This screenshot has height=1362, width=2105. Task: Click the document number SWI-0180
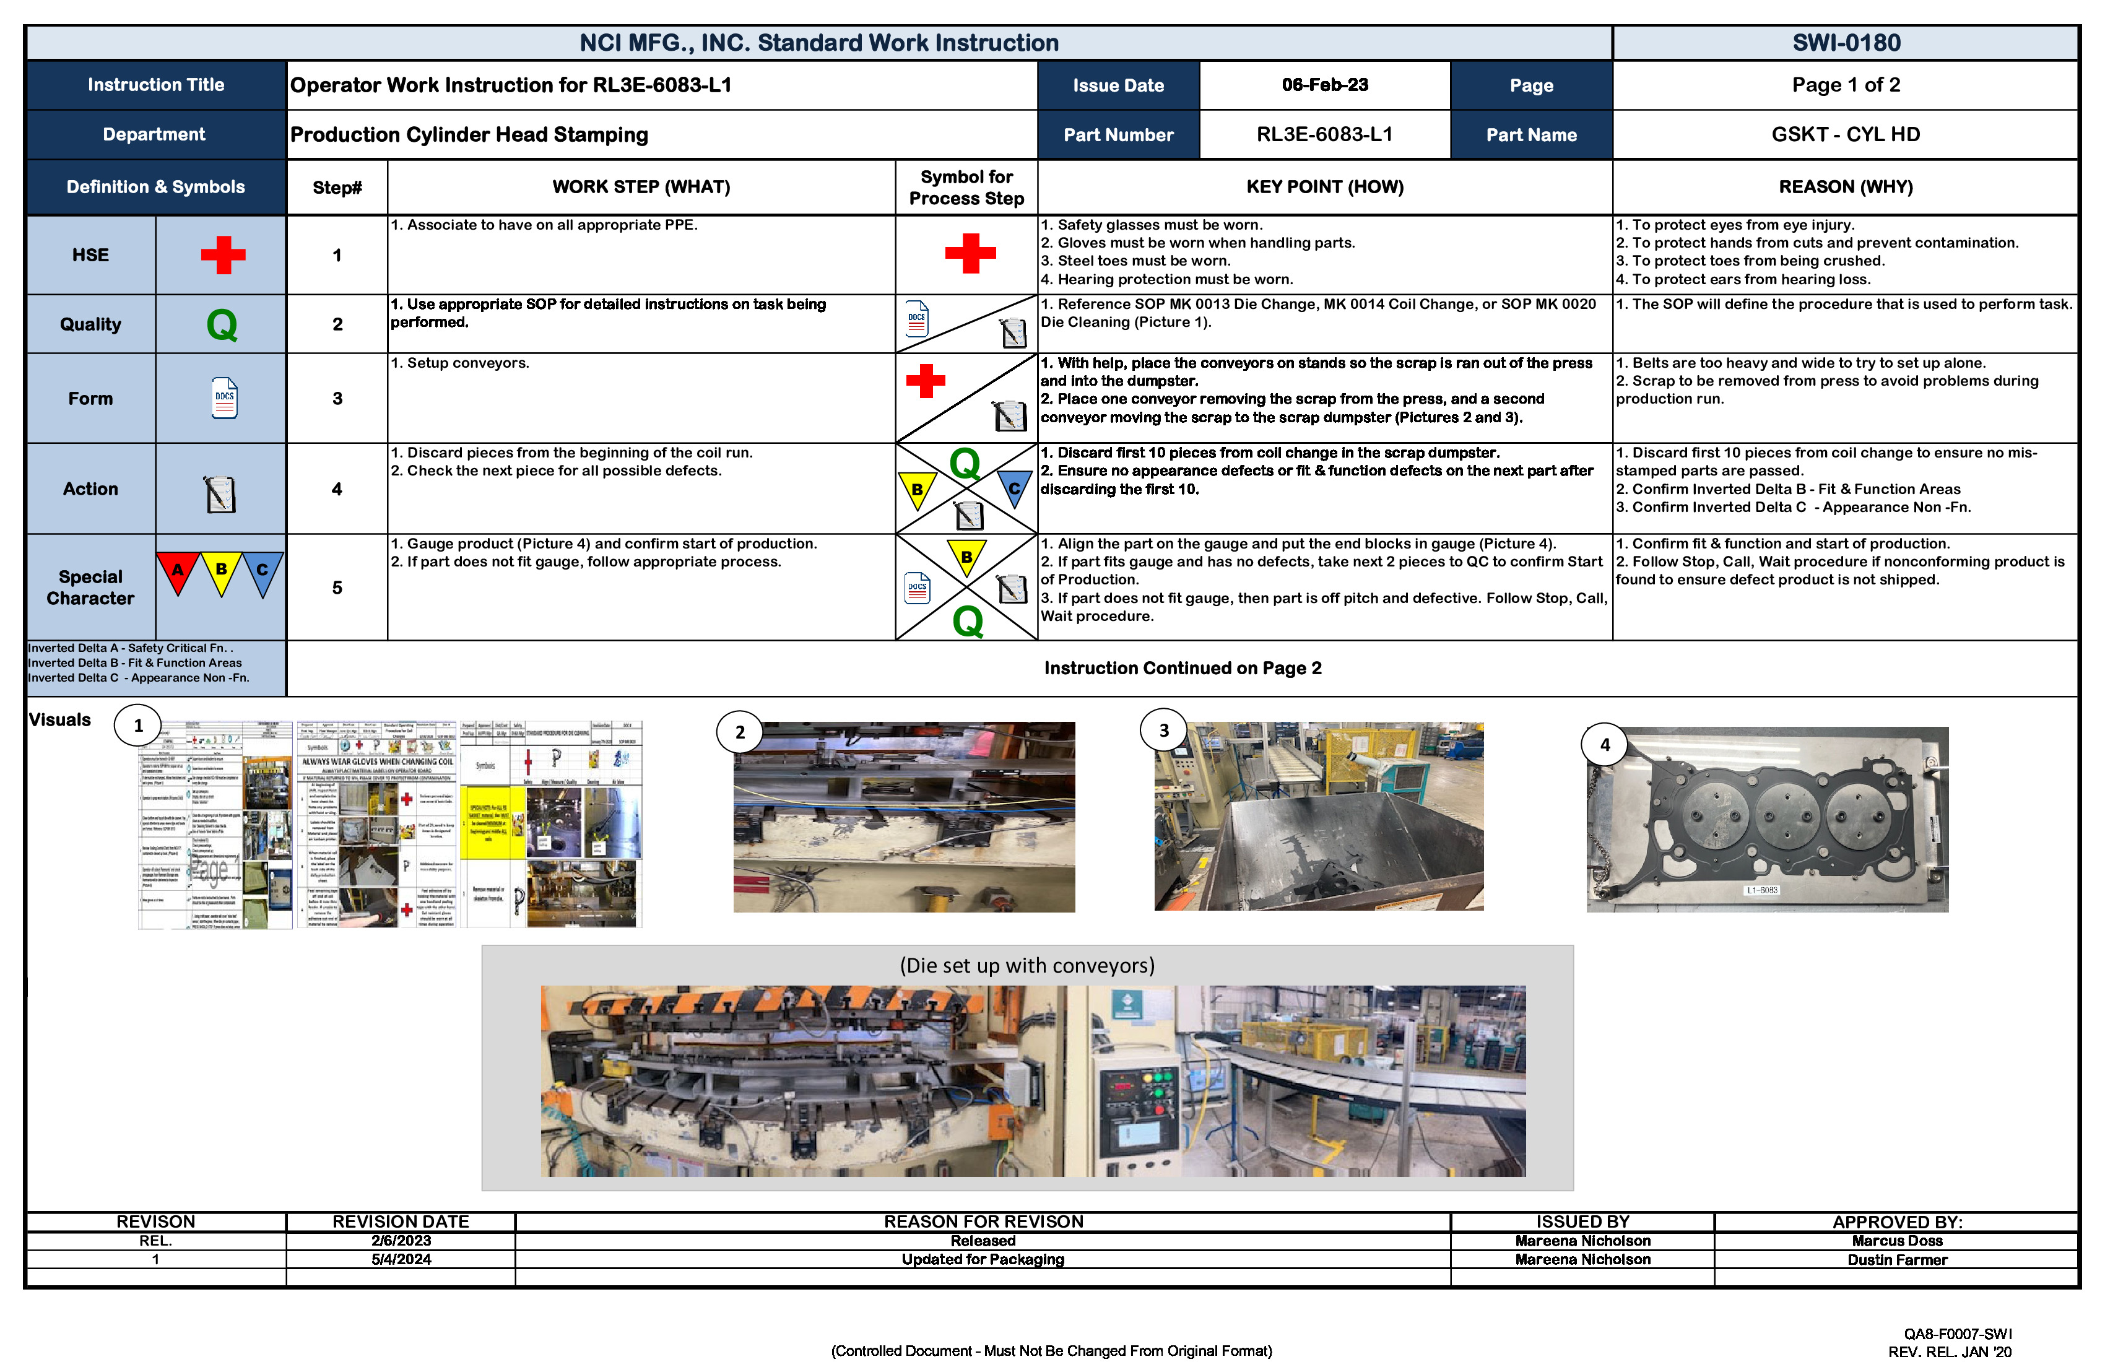coord(1845,43)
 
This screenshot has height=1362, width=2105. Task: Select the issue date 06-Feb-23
coord(1324,85)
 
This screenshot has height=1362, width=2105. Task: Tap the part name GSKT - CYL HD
coord(1845,134)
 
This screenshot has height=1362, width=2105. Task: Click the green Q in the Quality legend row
coord(222,324)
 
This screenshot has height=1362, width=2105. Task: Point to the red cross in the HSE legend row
coord(223,254)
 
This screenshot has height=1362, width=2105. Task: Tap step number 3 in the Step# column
coord(337,398)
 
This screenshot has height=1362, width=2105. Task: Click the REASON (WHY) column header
coord(1845,186)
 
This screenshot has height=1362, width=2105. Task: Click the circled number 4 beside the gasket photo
coord(1604,745)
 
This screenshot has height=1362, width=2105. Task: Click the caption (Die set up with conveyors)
coord(1027,965)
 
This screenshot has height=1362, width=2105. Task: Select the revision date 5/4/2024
coord(401,1259)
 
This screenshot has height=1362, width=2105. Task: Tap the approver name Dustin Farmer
coord(1896,1259)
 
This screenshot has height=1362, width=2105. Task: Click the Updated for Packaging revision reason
coord(983,1259)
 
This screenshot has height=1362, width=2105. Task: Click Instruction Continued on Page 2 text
coord(1183,668)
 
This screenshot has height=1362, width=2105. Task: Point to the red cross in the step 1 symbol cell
coord(970,253)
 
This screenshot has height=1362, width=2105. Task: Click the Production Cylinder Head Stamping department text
coord(469,134)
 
